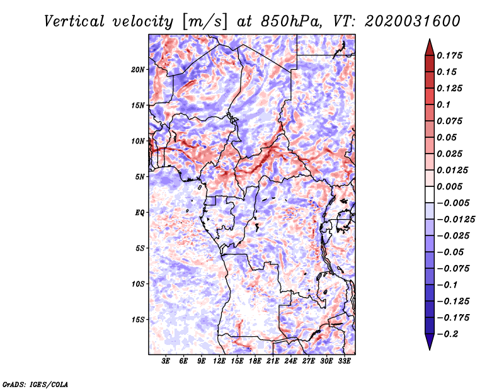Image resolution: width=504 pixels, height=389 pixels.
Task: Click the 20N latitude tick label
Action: (x=138, y=69)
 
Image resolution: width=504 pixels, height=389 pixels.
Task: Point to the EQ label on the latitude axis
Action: (x=139, y=213)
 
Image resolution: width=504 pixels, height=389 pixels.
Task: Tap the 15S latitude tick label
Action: (x=138, y=320)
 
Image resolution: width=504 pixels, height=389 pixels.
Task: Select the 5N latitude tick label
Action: (x=139, y=177)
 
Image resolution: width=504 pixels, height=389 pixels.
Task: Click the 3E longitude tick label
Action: (x=166, y=362)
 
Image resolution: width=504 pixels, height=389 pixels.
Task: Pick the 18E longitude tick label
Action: (x=255, y=362)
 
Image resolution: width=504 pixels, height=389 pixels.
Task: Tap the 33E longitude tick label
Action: (x=344, y=362)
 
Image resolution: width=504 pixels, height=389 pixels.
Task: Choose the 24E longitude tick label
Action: (x=290, y=362)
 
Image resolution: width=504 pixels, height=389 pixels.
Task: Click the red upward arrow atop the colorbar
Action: (x=429, y=47)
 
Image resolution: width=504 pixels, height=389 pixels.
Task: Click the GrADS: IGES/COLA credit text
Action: (x=35, y=383)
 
